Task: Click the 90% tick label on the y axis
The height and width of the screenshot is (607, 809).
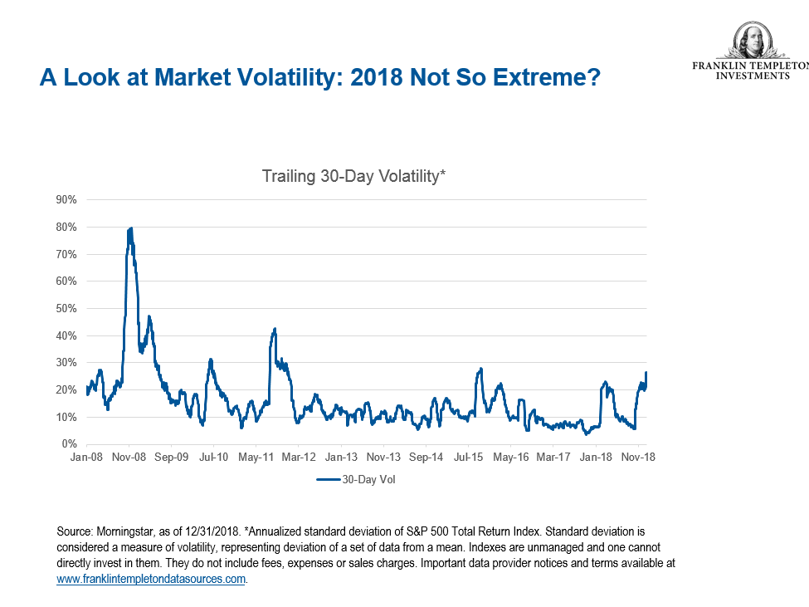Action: click(66, 199)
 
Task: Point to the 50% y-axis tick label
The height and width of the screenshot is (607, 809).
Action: click(66, 308)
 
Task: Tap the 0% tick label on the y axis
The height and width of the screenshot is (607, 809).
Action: click(69, 444)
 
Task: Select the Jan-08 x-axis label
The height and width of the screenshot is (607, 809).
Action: click(86, 457)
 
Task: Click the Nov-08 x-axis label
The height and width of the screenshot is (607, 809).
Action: click(129, 457)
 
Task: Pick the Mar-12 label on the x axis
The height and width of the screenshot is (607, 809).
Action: click(299, 457)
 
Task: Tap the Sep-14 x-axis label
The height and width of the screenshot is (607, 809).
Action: click(426, 457)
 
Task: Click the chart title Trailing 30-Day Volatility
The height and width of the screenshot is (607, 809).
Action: click(354, 176)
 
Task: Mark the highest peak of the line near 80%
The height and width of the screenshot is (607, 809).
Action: click(130, 228)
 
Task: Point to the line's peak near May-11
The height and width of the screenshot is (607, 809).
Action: click(275, 329)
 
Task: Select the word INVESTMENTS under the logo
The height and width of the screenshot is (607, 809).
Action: click(753, 76)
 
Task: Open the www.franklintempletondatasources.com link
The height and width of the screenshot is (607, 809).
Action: click(152, 579)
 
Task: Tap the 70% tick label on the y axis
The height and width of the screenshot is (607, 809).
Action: click(66, 254)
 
